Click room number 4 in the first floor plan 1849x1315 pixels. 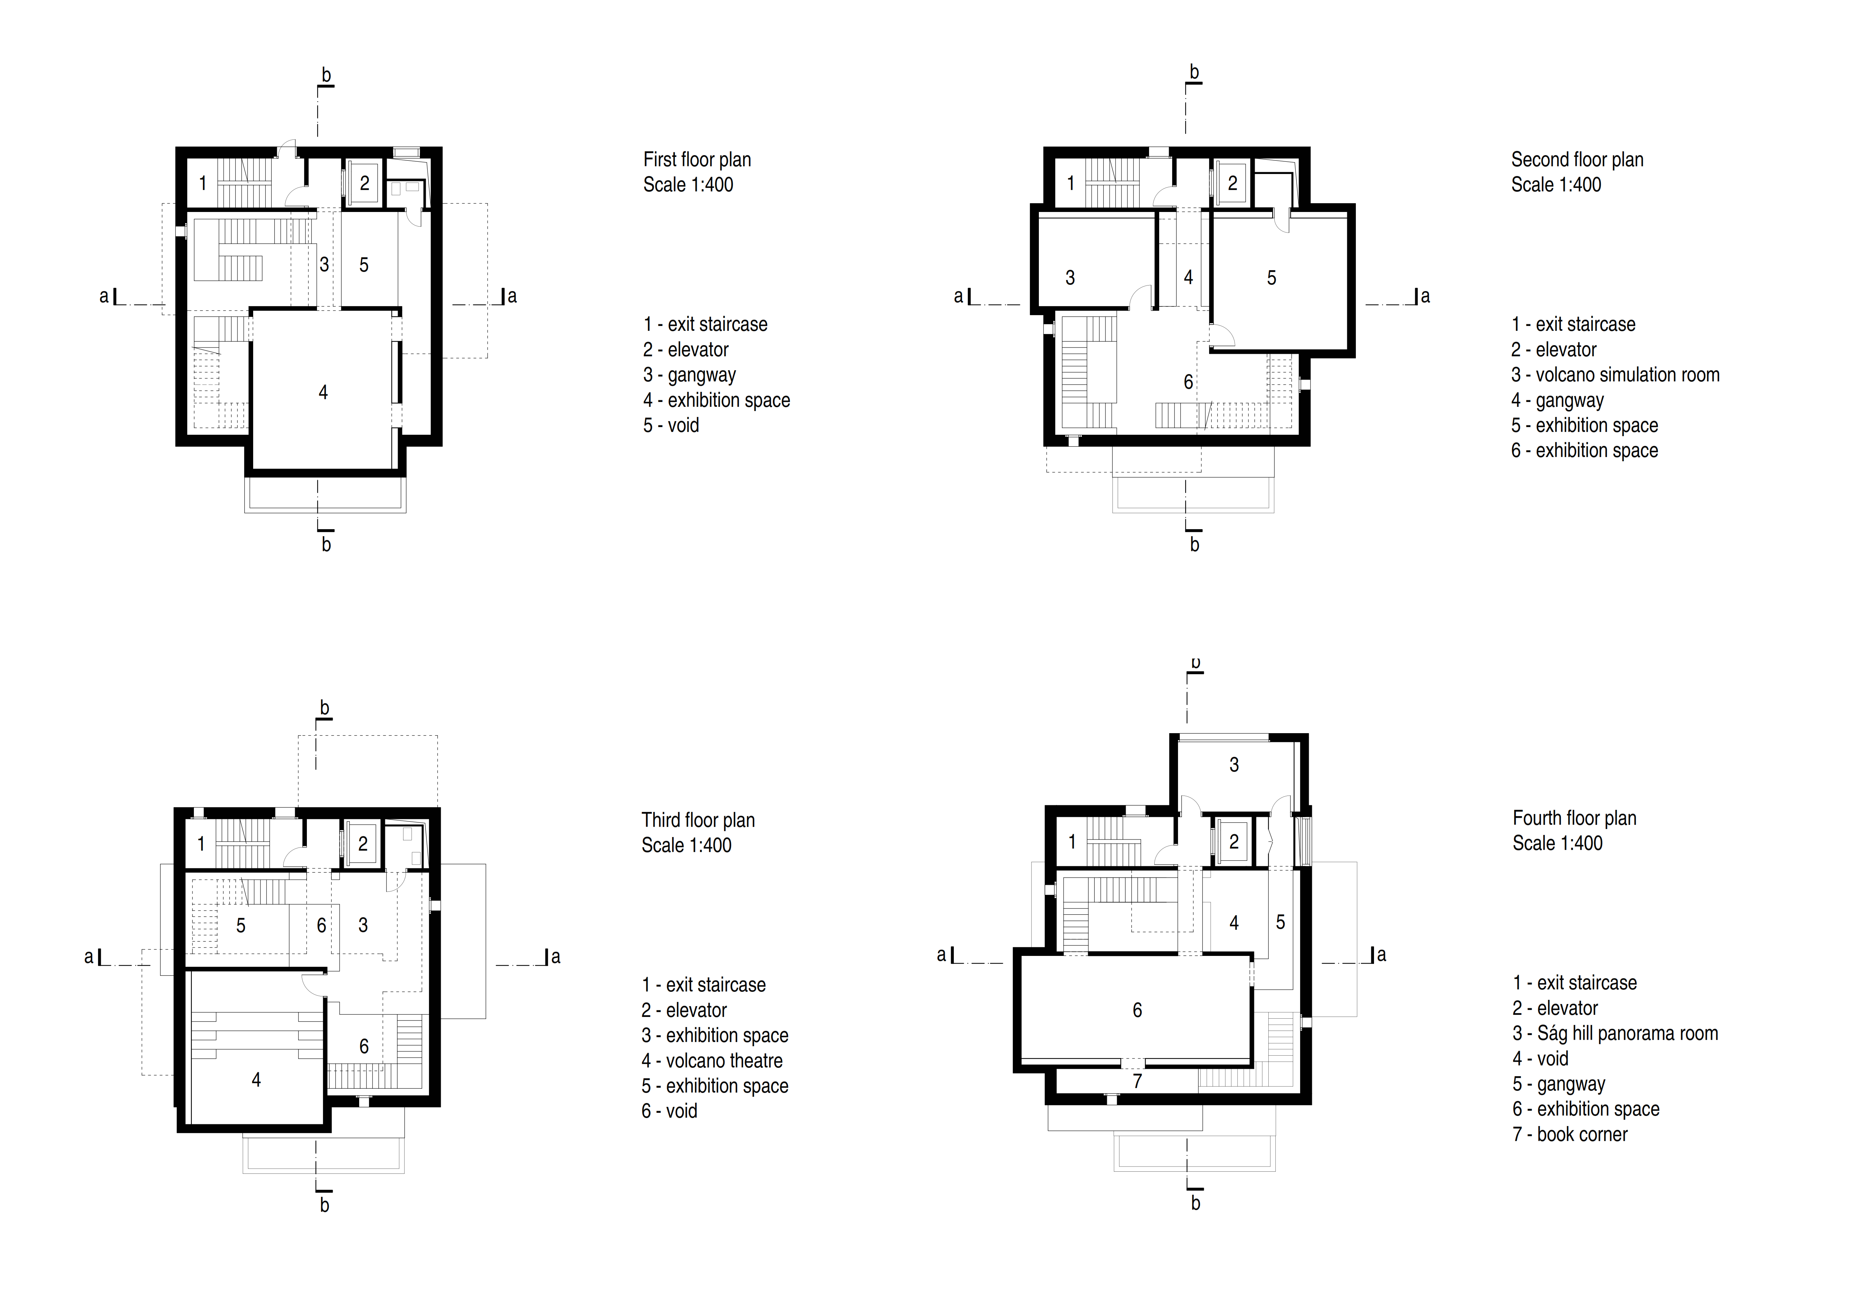tap(323, 393)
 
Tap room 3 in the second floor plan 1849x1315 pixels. tap(1070, 278)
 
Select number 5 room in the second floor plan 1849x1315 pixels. tap(1271, 278)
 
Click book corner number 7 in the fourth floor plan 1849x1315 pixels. tap(1137, 1081)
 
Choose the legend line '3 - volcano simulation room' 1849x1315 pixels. tap(1615, 375)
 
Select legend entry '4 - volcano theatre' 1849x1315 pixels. tap(712, 1061)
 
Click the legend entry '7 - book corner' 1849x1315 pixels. tap(1570, 1134)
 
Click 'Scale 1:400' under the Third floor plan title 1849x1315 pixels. tap(686, 845)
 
